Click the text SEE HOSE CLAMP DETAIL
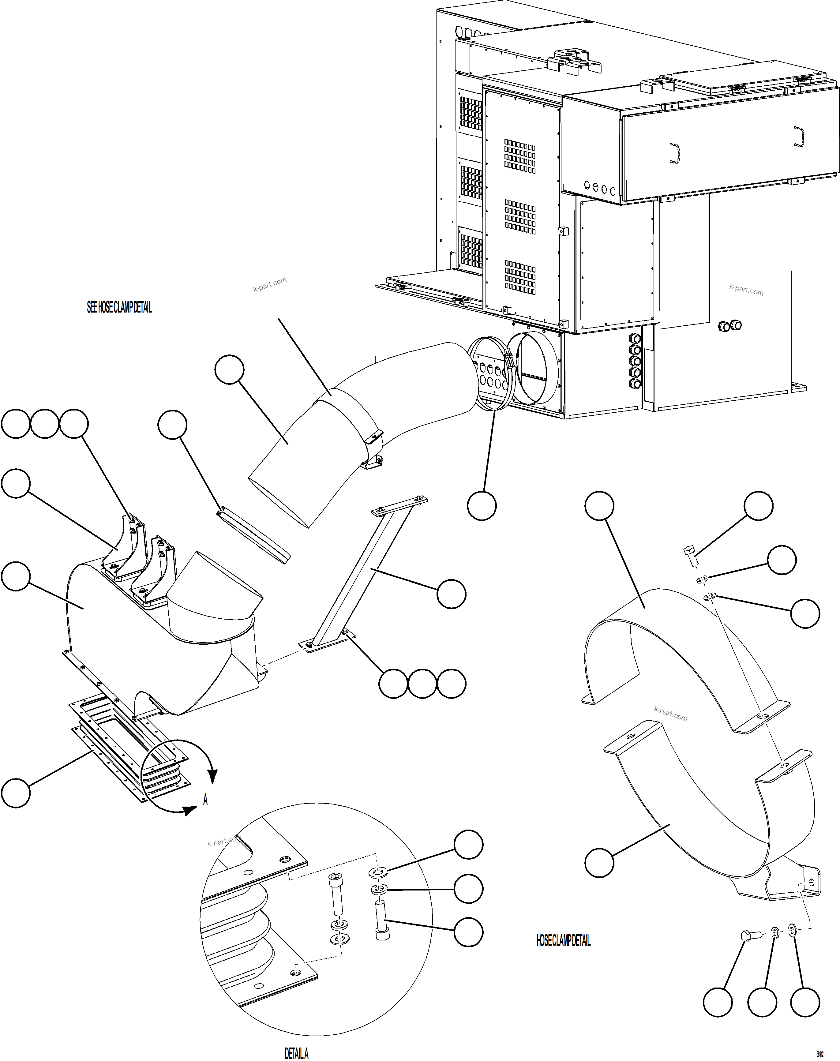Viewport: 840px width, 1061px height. pos(119,308)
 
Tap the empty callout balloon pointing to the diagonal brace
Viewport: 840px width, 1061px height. pos(451,594)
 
